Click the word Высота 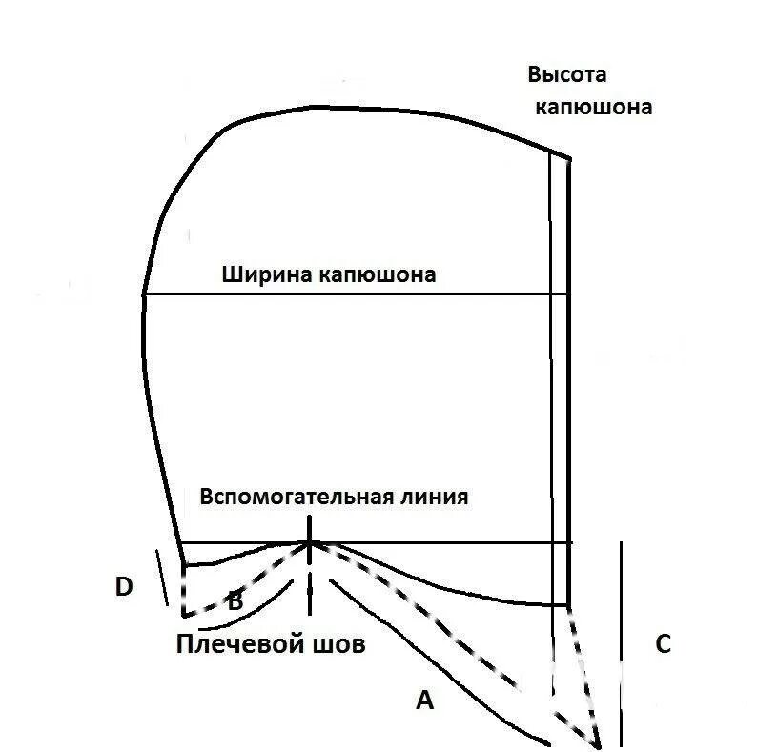coord(567,75)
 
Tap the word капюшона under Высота coord(593,107)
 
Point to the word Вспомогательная coord(296,498)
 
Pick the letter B coord(235,600)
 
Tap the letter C coord(663,644)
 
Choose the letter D coord(123,587)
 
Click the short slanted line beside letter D coord(161,578)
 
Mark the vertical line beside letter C coord(622,644)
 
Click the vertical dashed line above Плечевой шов coord(309,572)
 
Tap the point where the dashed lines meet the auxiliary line coord(309,543)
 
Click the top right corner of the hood coord(570,158)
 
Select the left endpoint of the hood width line coord(144,295)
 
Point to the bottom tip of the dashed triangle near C coord(600,744)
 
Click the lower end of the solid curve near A coord(548,742)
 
